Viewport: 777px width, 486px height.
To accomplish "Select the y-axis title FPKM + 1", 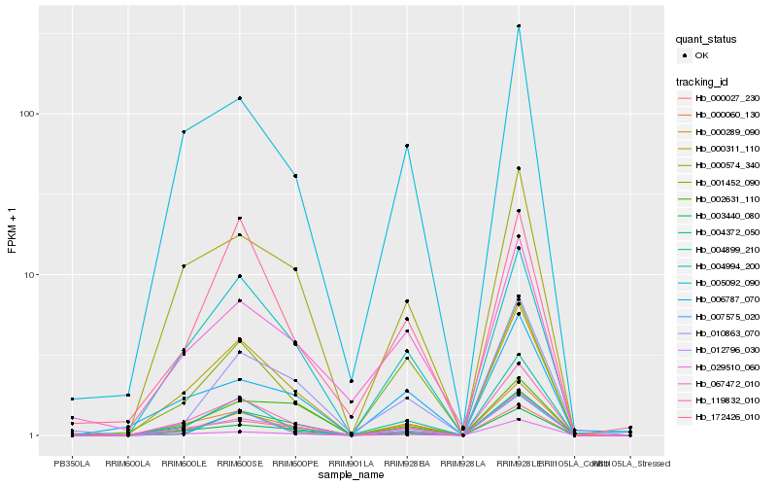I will tap(12, 231).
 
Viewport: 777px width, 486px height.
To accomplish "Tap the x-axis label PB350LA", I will tap(71, 464).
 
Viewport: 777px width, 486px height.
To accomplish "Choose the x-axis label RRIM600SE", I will tap(239, 464).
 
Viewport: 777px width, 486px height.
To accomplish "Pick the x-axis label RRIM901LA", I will tap(352, 464).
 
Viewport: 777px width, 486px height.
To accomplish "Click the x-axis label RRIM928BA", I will tap(407, 464).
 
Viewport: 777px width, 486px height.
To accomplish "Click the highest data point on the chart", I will tap(520, 26).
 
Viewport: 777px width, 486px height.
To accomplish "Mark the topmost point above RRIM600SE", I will tap(239, 98).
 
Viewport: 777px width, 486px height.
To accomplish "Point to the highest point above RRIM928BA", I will tap(407, 146).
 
